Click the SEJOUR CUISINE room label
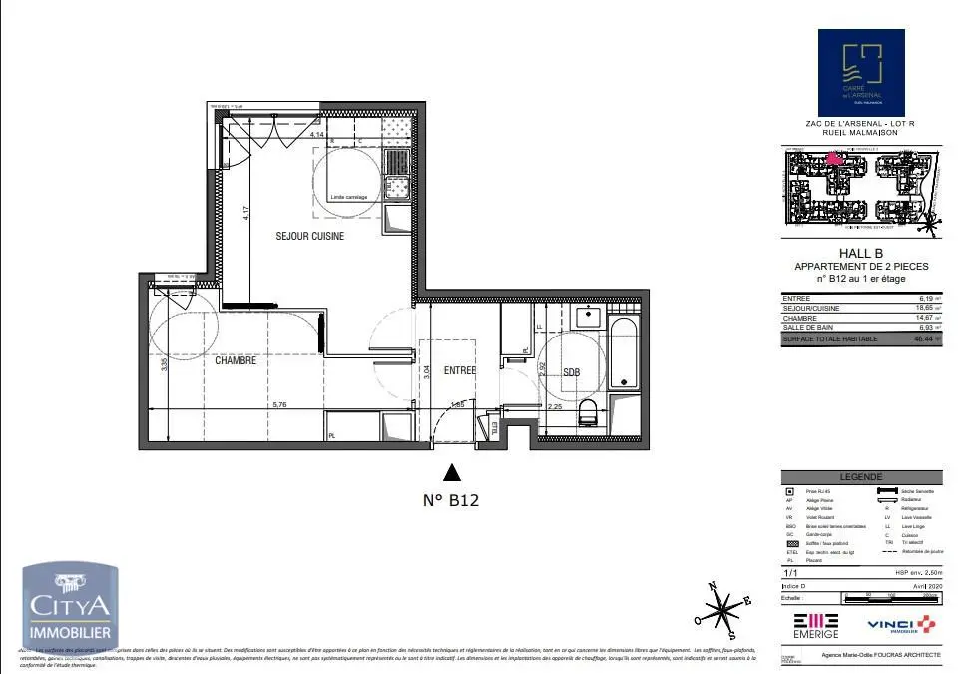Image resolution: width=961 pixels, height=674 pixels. (310, 236)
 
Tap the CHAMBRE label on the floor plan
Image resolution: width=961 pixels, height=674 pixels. (236, 360)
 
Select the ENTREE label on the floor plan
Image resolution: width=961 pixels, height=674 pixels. (460, 370)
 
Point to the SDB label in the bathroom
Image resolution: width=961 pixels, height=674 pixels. (571, 371)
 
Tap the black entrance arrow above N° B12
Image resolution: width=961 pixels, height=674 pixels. (452, 473)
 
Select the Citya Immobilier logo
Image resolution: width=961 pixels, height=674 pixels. (71, 606)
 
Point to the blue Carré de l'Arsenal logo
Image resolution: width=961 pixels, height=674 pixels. (860, 73)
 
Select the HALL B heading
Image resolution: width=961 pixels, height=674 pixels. (860, 254)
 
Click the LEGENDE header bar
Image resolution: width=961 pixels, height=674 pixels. (860, 478)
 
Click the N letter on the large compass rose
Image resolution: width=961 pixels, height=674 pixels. (711, 586)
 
